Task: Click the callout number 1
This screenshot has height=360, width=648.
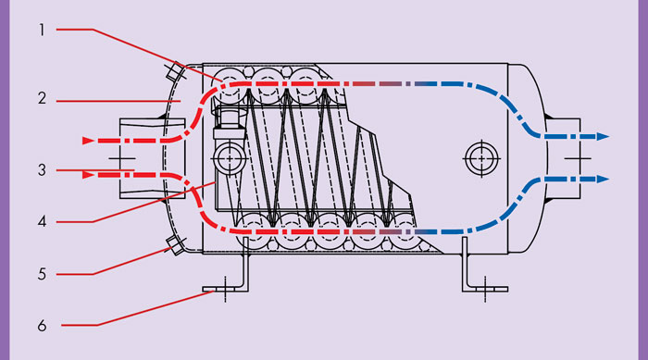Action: click(x=42, y=31)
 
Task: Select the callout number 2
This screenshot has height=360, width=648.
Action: click(x=42, y=98)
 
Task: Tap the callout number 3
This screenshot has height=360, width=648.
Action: click(x=42, y=170)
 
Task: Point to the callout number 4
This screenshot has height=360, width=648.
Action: click(x=42, y=221)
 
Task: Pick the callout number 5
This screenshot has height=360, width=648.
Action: click(x=42, y=274)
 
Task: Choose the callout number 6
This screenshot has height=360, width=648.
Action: click(x=42, y=326)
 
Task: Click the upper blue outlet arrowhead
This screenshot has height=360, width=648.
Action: click(x=603, y=136)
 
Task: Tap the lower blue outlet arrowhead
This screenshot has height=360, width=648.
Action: click(x=603, y=180)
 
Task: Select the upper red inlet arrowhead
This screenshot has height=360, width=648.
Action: click(x=88, y=141)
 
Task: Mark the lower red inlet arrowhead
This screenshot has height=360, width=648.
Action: click(x=88, y=175)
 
